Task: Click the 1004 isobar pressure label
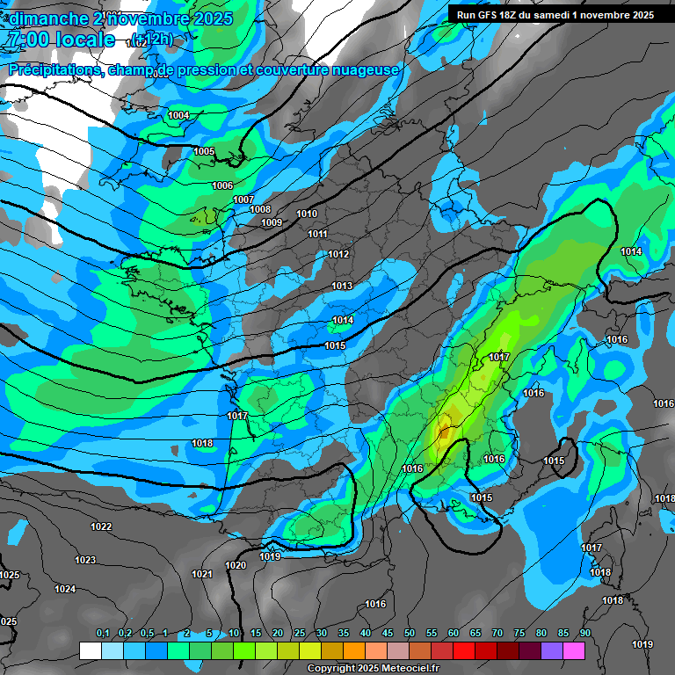click(x=178, y=116)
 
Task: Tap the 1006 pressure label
click(x=222, y=185)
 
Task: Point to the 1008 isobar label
click(x=260, y=209)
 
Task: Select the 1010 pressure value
click(x=307, y=214)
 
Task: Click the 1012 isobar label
click(x=338, y=255)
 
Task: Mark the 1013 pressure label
click(x=342, y=287)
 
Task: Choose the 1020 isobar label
click(x=236, y=566)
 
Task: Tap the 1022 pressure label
click(x=101, y=527)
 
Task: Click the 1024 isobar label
click(x=65, y=589)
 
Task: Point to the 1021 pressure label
click(x=202, y=574)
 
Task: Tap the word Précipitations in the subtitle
click(x=54, y=69)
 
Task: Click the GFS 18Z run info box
click(x=555, y=15)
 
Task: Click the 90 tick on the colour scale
click(x=585, y=633)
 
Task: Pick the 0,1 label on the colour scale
click(x=102, y=633)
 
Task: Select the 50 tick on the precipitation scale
click(x=410, y=633)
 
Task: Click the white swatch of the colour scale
click(x=90, y=650)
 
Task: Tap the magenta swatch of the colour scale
click(x=574, y=650)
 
